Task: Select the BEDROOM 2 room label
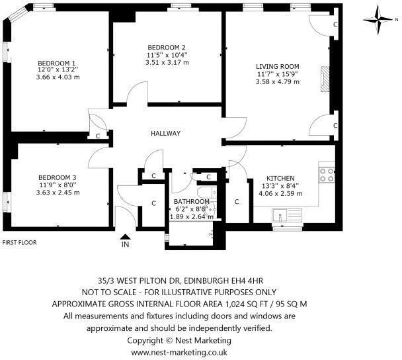pyautogui.click(x=166, y=47)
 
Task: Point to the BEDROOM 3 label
pyautogui.click(x=58, y=177)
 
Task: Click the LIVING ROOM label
pyautogui.click(x=278, y=66)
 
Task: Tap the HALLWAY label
pyautogui.click(x=166, y=133)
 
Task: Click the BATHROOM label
pyautogui.click(x=192, y=201)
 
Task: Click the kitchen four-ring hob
pyautogui.click(x=327, y=175)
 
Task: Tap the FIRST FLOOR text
pyautogui.click(x=19, y=243)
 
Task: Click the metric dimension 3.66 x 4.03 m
pyautogui.click(x=58, y=77)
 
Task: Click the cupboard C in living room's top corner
pyautogui.click(x=335, y=24)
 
